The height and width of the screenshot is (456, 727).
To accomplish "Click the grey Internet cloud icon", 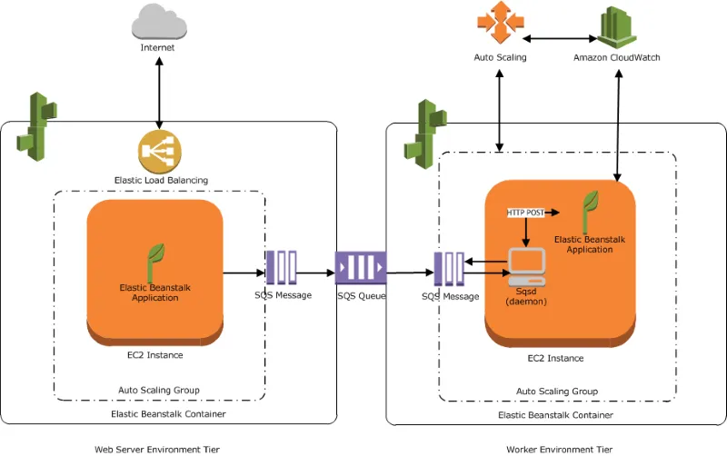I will [x=157, y=20].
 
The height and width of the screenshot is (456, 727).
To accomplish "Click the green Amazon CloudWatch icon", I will [x=617, y=25].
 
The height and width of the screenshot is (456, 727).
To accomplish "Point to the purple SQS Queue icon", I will [x=360, y=269].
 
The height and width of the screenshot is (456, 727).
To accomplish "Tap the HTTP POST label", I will [x=525, y=212].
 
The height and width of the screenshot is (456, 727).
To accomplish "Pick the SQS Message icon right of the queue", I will [x=450, y=270].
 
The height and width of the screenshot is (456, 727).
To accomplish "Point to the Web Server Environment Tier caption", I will [x=156, y=449].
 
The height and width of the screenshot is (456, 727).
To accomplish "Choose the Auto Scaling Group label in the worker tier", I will [x=556, y=391].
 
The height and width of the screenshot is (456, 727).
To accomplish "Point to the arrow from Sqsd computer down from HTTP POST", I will [x=525, y=232].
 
